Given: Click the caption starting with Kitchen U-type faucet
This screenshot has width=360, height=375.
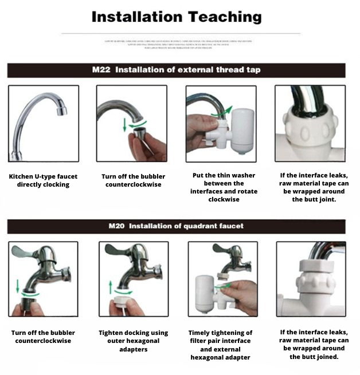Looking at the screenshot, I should pos(43,180).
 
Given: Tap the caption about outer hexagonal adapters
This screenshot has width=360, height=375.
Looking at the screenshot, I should pos(133,341).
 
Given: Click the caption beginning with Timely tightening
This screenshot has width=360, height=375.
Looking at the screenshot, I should pos(221,345).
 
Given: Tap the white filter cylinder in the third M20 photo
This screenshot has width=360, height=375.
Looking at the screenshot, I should pos(204,292).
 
